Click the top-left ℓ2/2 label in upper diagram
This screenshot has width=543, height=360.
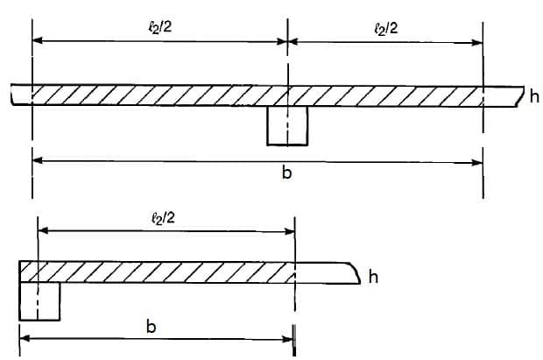pyautogui.click(x=160, y=27)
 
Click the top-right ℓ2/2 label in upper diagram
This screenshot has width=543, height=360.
pyautogui.click(x=386, y=29)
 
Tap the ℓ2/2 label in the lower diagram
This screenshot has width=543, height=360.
pyautogui.click(x=163, y=218)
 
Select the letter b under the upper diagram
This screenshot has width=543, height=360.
pyautogui.click(x=286, y=173)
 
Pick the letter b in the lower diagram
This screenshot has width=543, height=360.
pyautogui.click(x=151, y=327)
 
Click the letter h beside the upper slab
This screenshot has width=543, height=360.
pyautogui.click(x=534, y=96)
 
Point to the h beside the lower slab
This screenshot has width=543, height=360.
pyautogui.click(x=373, y=277)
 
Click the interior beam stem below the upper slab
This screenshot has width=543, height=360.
pyautogui.click(x=287, y=125)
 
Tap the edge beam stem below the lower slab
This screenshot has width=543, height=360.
pyautogui.click(x=39, y=301)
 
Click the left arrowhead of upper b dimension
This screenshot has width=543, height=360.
pyautogui.click(x=38, y=160)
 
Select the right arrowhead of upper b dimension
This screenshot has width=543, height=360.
pyautogui.click(x=477, y=163)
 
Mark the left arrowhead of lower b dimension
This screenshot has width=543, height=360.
pyautogui.click(x=25, y=338)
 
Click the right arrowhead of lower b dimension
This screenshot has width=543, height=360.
pyautogui.click(x=288, y=339)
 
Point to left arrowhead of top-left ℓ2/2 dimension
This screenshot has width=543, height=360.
pyautogui.click(x=38, y=40)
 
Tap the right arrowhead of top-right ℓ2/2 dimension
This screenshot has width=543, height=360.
pyautogui.click(x=477, y=43)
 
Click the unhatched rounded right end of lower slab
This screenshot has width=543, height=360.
pyautogui.click(x=328, y=273)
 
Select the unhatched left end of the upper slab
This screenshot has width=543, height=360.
pyautogui.click(x=22, y=95)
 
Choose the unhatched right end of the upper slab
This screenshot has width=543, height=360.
pyautogui.click(x=503, y=96)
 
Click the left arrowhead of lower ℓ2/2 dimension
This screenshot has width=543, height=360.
pyautogui.click(x=43, y=230)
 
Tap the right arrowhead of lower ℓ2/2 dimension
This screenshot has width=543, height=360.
pyautogui.click(x=290, y=232)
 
